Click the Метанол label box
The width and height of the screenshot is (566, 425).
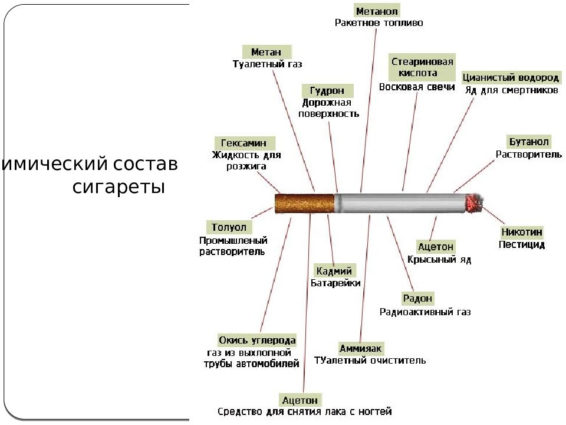pos(377,11)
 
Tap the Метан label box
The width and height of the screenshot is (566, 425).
pos(266,52)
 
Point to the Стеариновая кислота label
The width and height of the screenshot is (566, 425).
pos(422,67)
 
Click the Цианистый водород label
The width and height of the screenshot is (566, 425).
pos(510,78)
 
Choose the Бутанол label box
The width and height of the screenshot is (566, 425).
pos(528,142)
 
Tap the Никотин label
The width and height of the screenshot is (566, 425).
pos(521,232)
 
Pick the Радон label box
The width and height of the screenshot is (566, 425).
pos(418,299)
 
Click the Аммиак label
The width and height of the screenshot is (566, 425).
pos(361,348)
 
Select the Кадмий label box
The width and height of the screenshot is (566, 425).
pos(334,271)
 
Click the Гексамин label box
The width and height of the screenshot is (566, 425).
pos(244,143)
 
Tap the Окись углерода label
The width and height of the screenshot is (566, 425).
pos(257,341)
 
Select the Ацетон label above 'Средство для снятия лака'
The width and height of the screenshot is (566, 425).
pos(300,400)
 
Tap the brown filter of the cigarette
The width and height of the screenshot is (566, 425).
pos(295,204)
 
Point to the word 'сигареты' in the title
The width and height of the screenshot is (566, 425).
pos(119,188)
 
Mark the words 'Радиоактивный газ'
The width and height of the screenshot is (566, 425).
pos(425,312)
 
